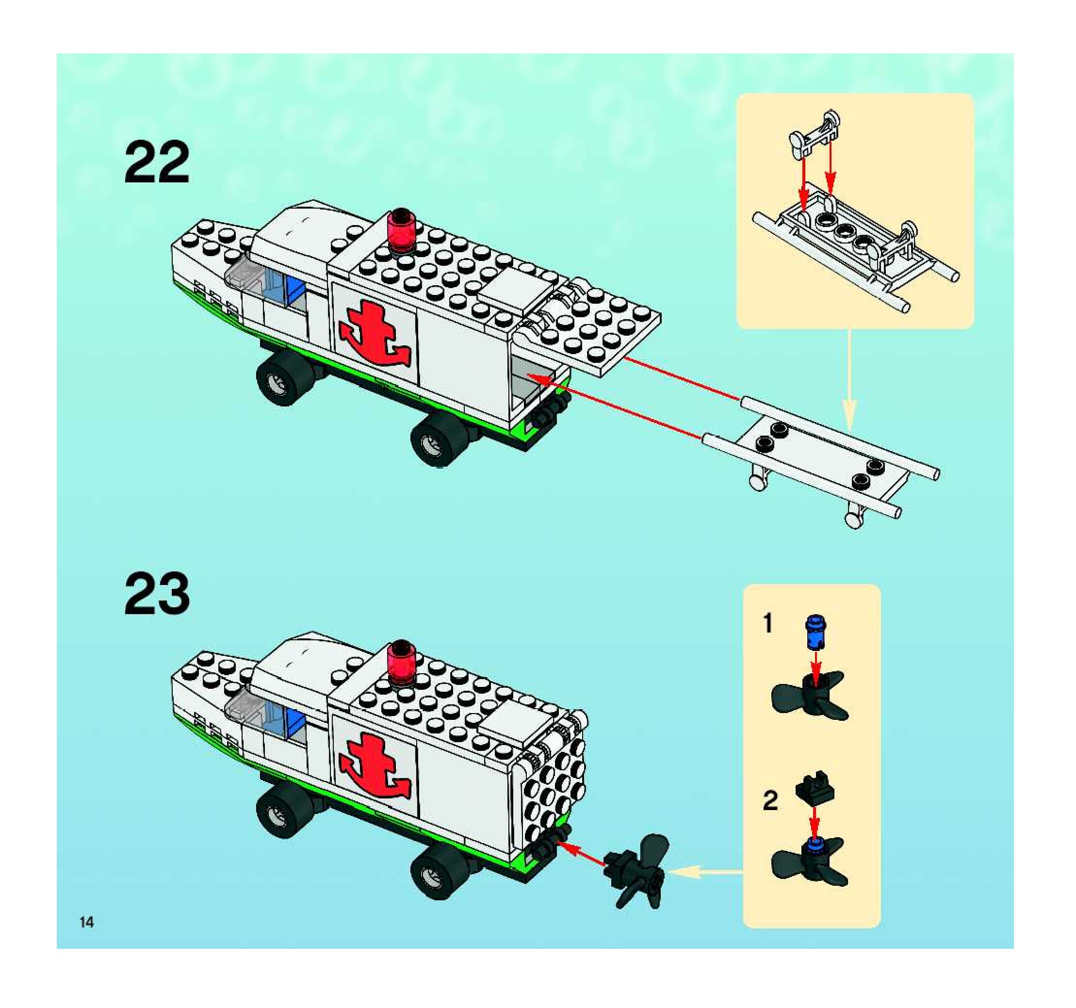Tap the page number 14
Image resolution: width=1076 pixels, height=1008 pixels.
pos(87,923)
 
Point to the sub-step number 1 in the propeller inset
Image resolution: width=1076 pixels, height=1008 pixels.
pos(767,623)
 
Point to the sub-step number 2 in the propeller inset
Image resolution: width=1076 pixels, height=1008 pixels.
pos(770,801)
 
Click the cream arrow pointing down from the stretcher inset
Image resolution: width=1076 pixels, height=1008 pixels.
pos(848,379)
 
